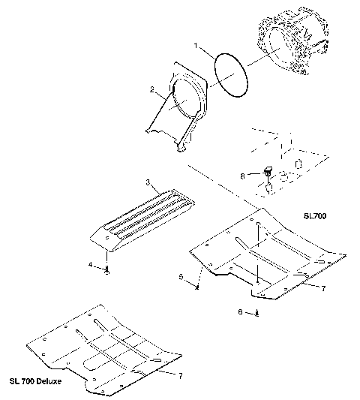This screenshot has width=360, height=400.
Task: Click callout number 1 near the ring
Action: (x=196, y=47)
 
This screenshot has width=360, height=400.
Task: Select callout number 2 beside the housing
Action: (x=152, y=90)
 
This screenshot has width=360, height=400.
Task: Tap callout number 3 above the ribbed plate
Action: (x=148, y=182)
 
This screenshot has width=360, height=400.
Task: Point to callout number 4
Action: (x=91, y=264)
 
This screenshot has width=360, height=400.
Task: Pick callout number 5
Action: (x=181, y=277)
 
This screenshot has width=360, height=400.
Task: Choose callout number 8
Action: (x=241, y=176)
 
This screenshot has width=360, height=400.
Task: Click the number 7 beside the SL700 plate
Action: (x=322, y=288)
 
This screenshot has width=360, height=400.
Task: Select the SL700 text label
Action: (x=316, y=215)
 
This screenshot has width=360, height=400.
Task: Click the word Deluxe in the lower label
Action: (x=47, y=380)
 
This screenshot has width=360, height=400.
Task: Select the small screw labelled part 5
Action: (x=196, y=285)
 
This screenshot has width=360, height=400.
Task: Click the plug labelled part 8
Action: (x=267, y=172)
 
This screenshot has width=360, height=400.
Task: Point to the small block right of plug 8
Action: (x=298, y=162)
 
